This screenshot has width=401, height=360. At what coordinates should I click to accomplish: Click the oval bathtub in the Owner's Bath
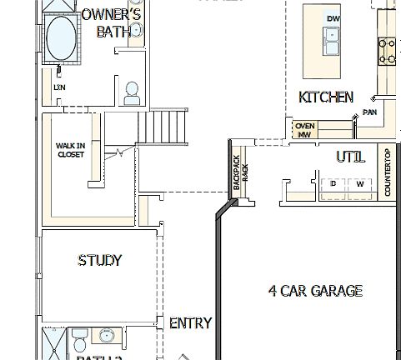61,38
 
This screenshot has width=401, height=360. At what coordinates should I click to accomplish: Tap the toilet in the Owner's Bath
132,93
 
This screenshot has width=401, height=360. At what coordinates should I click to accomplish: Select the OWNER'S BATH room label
112,23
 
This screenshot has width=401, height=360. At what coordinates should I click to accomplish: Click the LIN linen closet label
59,87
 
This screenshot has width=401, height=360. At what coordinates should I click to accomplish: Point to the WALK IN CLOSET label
70,150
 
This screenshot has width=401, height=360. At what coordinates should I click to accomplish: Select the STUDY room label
100,261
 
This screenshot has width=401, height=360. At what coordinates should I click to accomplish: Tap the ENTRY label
190,323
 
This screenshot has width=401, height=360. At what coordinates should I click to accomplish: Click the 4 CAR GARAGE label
315,291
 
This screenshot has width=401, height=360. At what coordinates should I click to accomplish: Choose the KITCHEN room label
326,97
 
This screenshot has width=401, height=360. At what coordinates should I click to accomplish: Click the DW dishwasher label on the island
333,19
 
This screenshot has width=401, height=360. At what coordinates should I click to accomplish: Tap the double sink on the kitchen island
331,37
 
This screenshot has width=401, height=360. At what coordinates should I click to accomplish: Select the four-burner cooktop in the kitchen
388,52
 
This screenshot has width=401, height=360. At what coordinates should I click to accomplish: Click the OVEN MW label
304,129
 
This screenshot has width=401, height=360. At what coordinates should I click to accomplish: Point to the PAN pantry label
369,111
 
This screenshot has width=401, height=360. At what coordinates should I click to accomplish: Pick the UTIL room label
350,157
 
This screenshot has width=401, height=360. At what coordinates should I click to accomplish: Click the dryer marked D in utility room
333,184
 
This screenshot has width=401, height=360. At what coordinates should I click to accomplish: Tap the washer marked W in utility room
360,184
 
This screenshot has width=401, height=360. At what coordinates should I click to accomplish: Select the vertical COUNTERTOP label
388,172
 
